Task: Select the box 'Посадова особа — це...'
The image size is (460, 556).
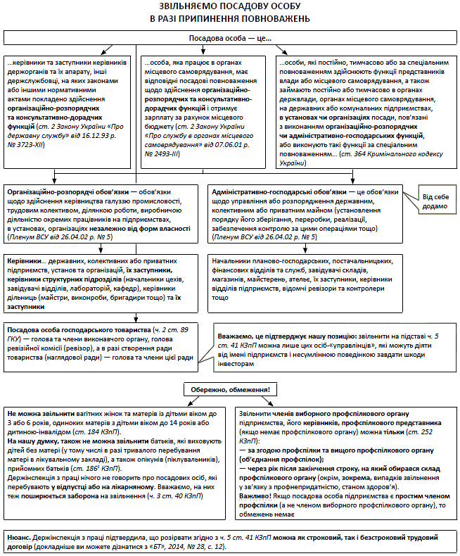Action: [x=230, y=37]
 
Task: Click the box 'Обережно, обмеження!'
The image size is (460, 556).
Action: [x=231, y=389]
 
